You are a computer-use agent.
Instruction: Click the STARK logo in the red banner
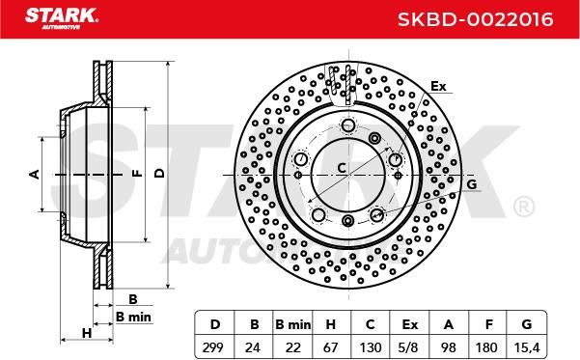pyautogui.click(x=62, y=18)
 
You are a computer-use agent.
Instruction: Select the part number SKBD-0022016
pyautogui.click(x=476, y=19)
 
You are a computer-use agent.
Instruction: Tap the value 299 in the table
pyautogui.click(x=213, y=347)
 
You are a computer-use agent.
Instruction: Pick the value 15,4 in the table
pyautogui.click(x=527, y=347)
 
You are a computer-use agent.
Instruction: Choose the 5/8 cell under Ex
pyautogui.click(x=409, y=347)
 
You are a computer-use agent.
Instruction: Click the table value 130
pyautogui.click(x=371, y=347)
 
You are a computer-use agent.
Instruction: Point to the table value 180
pyautogui.click(x=486, y=347)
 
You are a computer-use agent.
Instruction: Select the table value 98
pyautogui.click(x=449, y=347)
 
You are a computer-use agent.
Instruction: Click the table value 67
pyautogui.click(x=330, y=347)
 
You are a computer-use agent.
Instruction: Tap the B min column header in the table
pyautogui.click(x=293, y=324)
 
